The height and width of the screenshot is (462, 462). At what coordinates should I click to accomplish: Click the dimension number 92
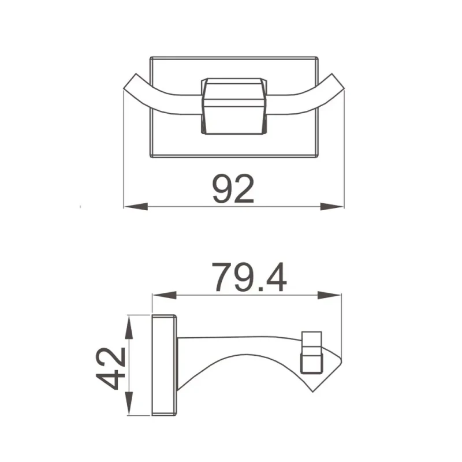pos(233,189)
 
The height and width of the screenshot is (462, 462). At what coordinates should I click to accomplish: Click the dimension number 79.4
pos(249,277)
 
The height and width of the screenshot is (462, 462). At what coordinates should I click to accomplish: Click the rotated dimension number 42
pos(110,368)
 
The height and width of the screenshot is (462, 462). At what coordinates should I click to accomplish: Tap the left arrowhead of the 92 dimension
pos(136,207)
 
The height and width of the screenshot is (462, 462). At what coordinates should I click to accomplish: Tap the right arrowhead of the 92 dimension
pos(332,207)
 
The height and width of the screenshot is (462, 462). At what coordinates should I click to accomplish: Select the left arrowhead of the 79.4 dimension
pos(165,295)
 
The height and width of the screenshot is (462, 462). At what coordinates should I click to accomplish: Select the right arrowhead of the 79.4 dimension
pos(329,295)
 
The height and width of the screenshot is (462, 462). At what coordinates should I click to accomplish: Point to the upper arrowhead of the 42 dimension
pos(129,327)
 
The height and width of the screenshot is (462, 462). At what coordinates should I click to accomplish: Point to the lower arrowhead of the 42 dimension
pos(129,403)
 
